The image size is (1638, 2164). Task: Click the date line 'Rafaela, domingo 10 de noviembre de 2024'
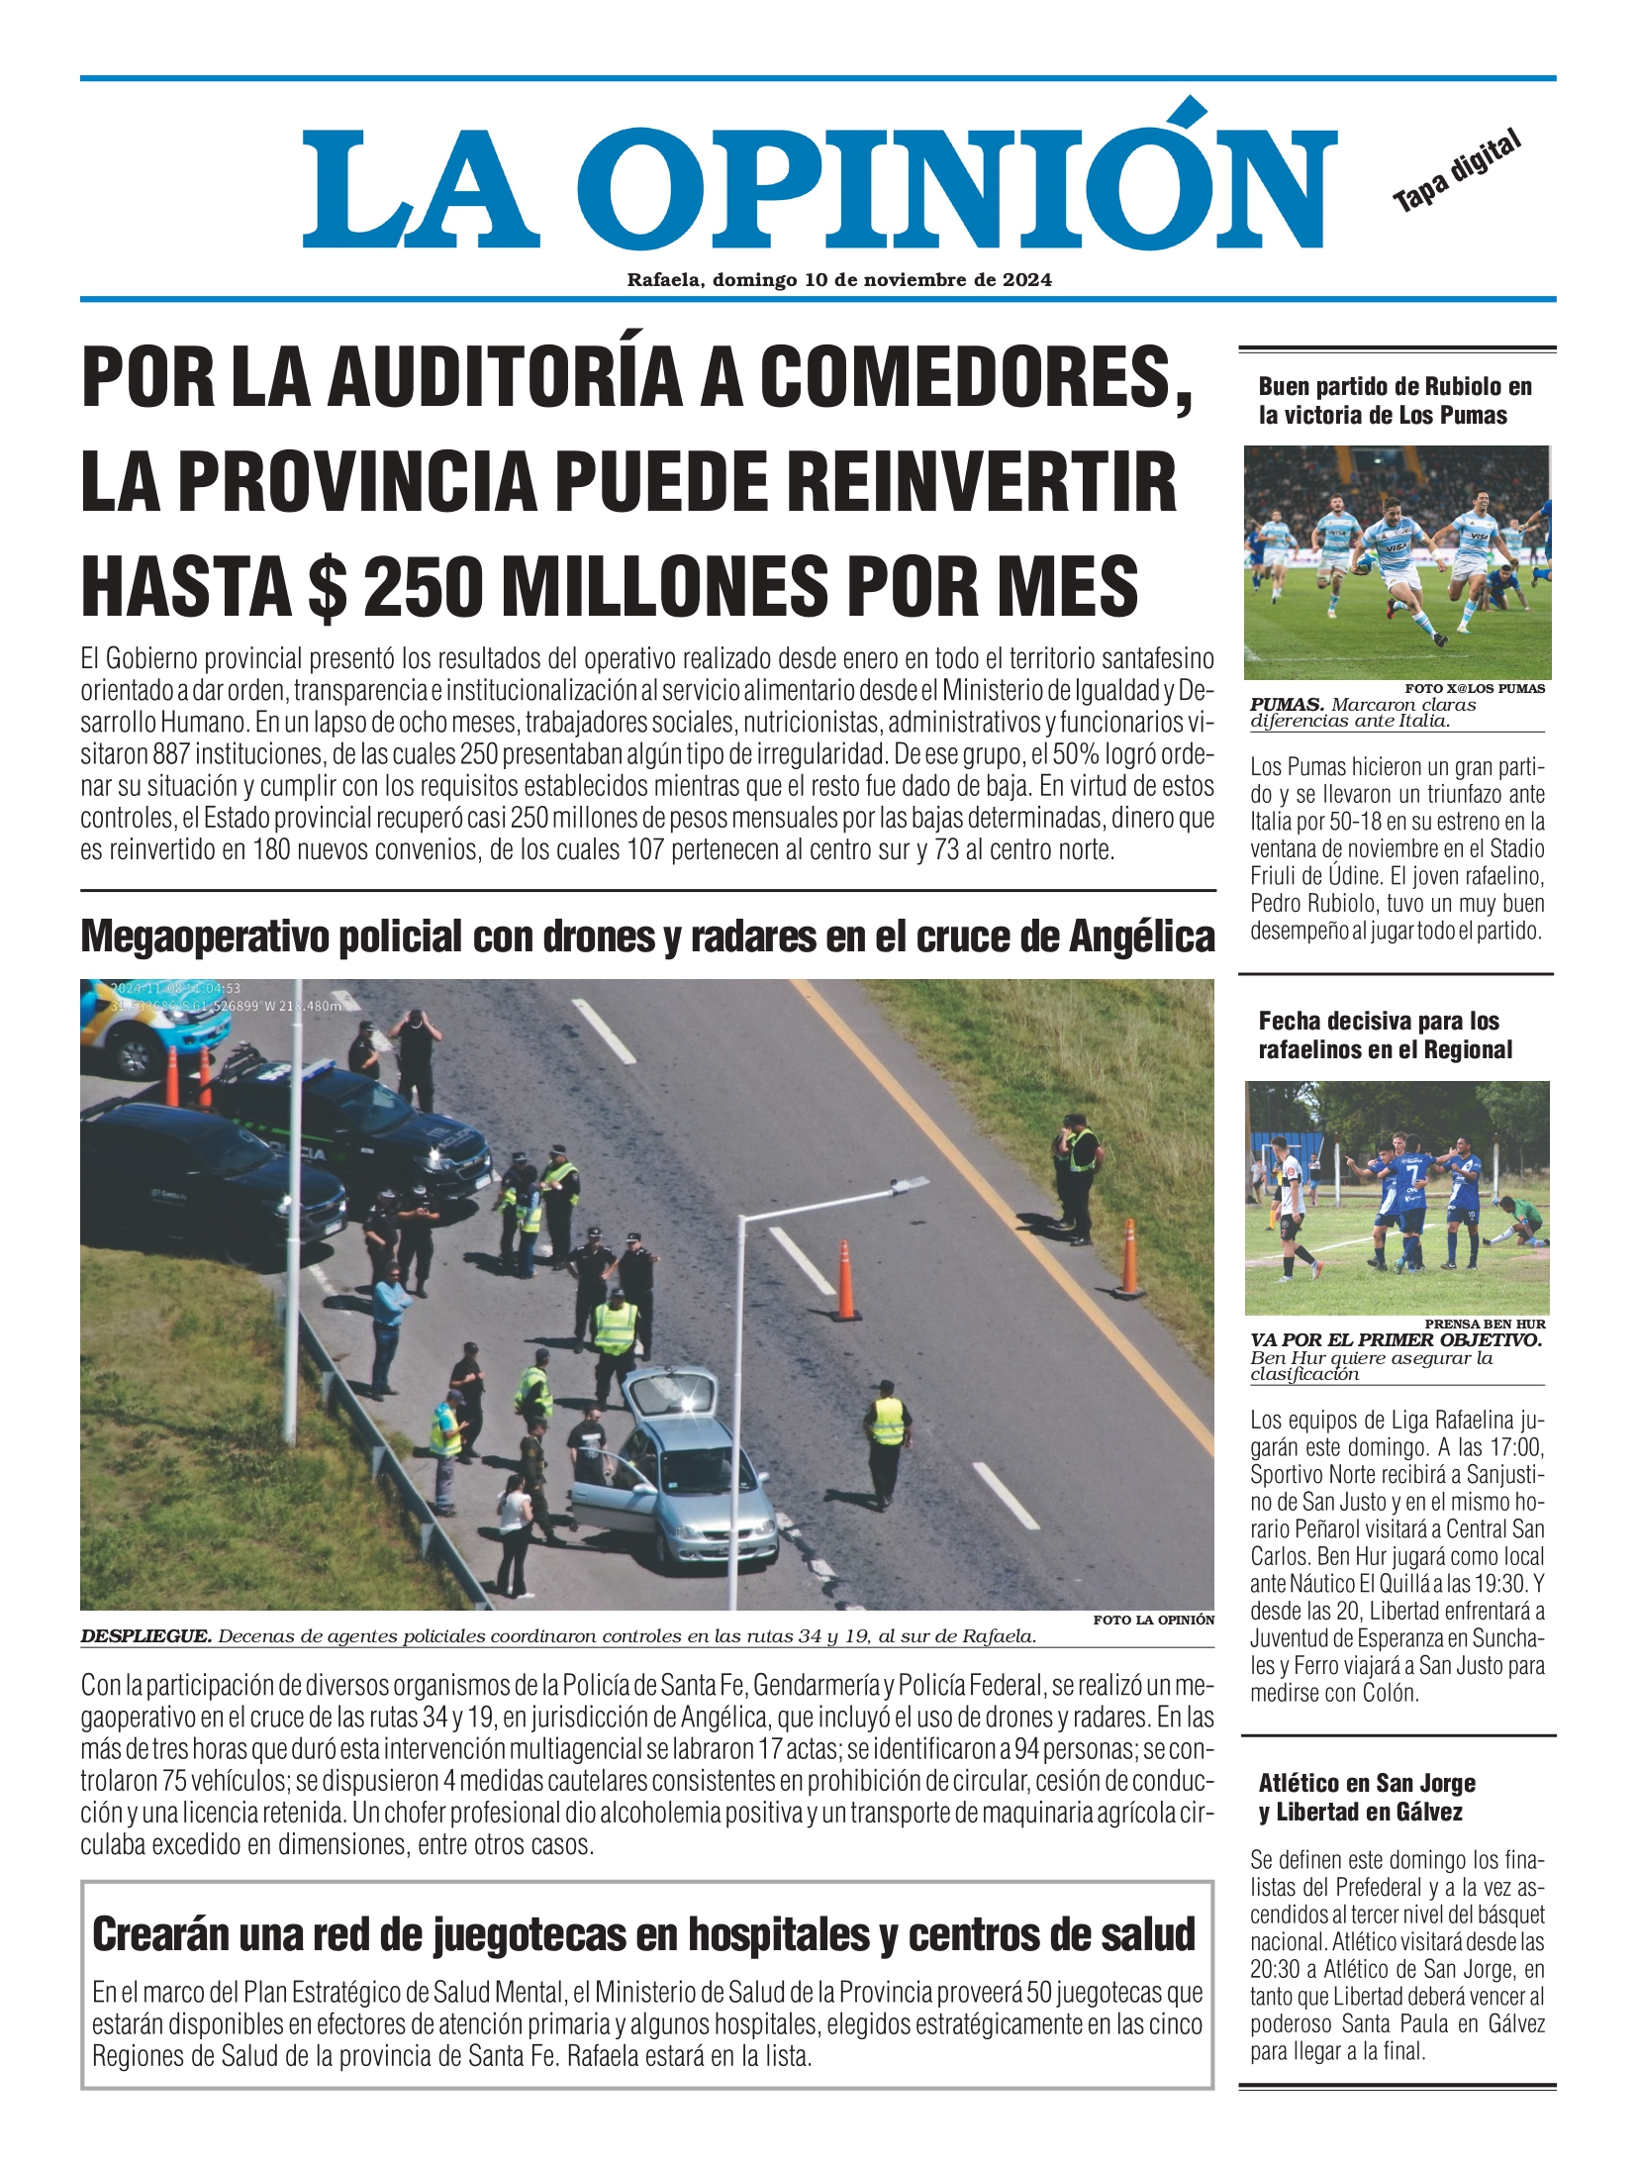pos(839,280)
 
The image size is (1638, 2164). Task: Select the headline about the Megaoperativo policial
pos(647,936)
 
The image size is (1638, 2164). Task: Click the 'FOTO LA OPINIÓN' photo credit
pos(1153,1620)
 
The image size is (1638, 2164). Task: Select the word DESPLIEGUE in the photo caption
pos(145,1636)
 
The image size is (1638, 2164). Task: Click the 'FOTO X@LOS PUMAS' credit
pos(1474,689)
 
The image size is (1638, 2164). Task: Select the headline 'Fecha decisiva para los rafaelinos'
pos(1384,1034)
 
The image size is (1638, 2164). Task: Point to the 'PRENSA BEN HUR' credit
pos(1484,1324)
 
